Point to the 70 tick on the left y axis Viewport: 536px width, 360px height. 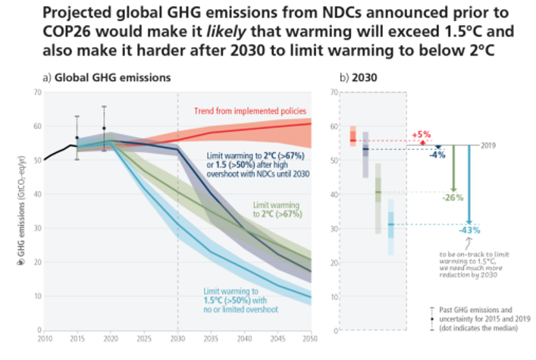coord(37,92)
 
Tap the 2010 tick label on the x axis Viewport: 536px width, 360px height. coord(45,338)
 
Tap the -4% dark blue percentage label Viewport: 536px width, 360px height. coord(437,155)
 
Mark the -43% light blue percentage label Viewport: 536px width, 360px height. coord(470,230)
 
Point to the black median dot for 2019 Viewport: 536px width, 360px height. coord(104,128)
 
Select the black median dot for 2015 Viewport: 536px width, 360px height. coord(77,138)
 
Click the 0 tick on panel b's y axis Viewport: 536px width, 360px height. coord(334,330)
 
